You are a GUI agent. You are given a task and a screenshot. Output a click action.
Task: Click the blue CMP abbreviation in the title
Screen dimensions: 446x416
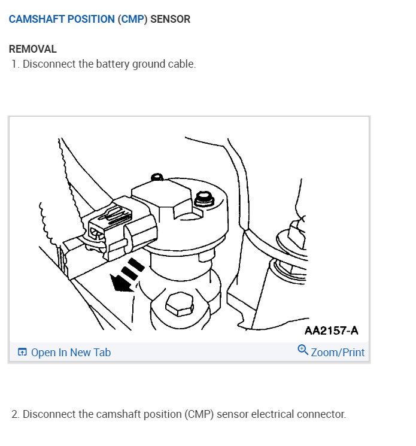132,19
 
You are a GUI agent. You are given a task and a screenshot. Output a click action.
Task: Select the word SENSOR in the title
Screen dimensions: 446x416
170,19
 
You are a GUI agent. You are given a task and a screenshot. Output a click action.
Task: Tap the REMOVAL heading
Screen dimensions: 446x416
33,49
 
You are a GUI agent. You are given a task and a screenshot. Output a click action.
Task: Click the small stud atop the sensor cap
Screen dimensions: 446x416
157,177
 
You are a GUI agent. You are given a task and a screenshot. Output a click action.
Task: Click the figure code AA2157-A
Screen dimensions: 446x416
331,330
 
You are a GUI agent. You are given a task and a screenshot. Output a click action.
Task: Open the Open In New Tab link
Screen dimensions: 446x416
71,353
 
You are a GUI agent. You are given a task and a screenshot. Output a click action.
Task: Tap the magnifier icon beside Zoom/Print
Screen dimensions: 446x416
303,351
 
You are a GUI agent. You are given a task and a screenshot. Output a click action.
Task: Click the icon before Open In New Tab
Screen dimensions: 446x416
22,353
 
